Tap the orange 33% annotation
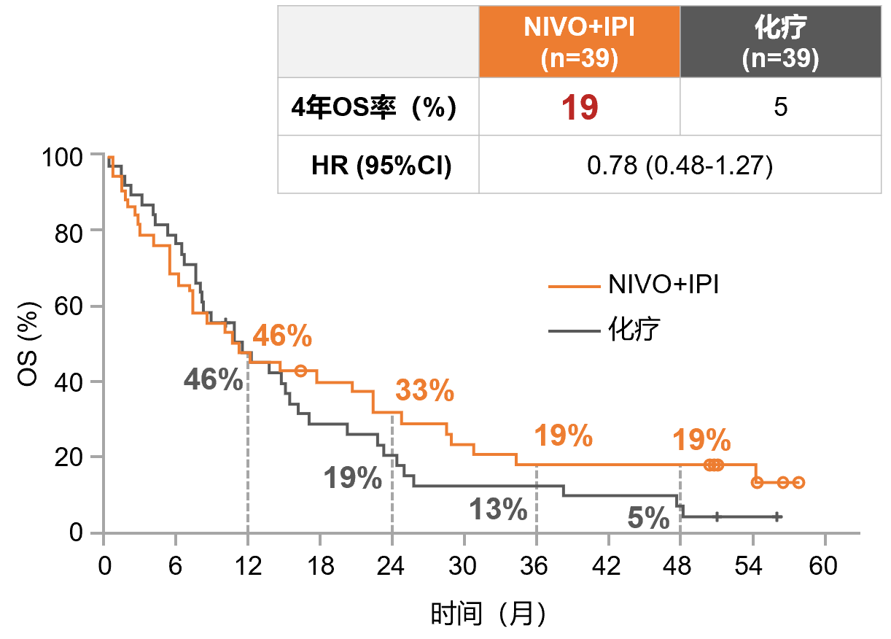(424, 392)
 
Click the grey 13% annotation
(498, 509)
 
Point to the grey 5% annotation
(648, 519)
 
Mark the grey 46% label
(213, 379)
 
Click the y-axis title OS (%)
(30, 343)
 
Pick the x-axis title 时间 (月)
(488, 614)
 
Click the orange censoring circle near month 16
(300, 371)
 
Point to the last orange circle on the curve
(798, 482)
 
